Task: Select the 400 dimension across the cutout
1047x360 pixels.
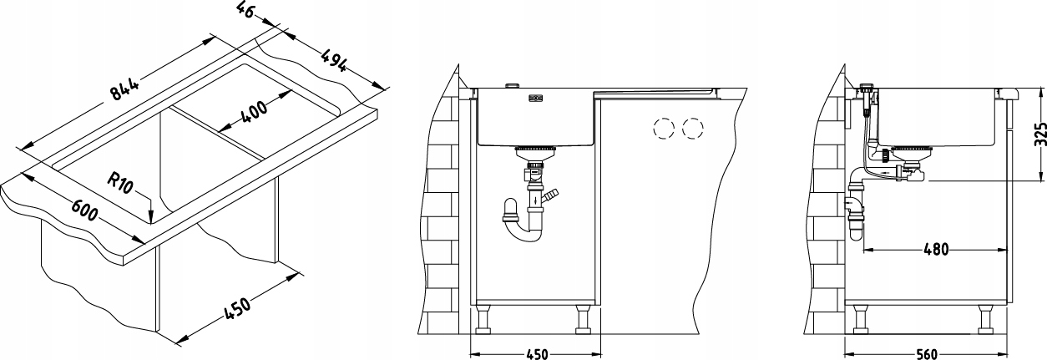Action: [254, 112]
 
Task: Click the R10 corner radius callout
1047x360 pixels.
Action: [120, 183]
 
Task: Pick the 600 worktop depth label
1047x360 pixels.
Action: [84, 210]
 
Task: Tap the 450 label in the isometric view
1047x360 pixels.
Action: [237, 308]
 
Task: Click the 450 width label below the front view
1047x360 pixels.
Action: [537, 354]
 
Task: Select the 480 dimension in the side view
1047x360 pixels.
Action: [936, 250]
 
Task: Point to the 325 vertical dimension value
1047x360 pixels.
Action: [1040, 134]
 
